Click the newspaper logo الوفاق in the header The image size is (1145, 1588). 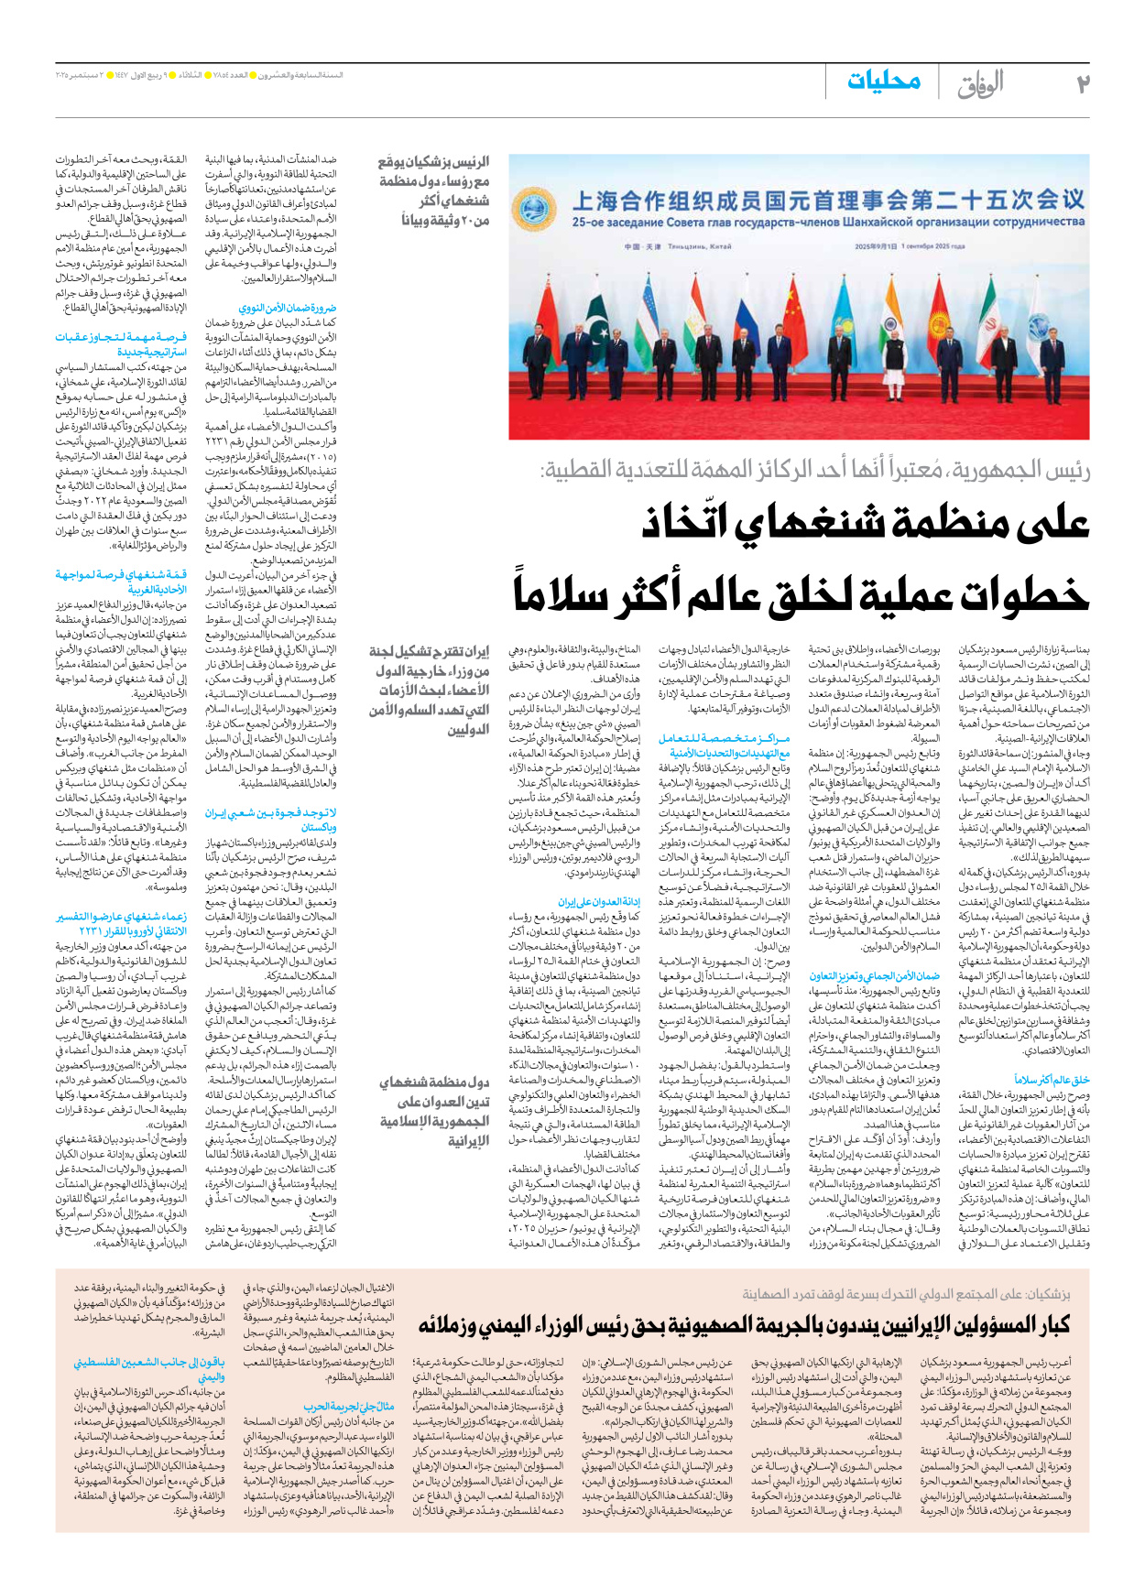tap(980, 84)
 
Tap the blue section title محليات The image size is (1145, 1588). tap(883, 81)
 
